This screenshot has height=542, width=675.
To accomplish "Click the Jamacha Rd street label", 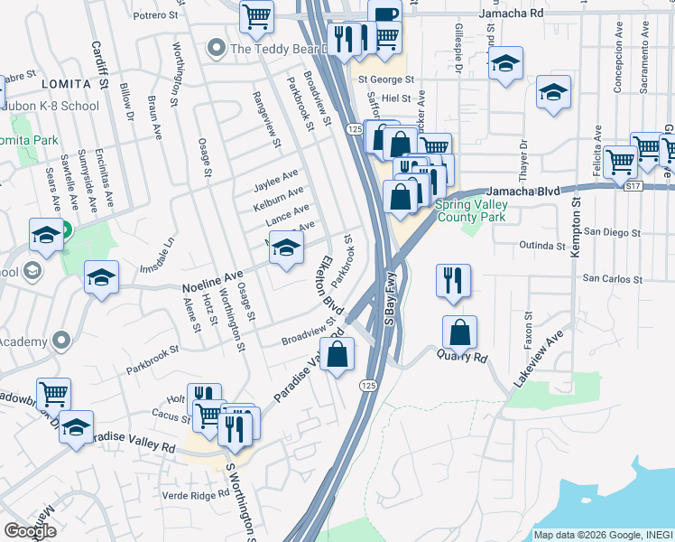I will pyautogui.click(x=511, y=14).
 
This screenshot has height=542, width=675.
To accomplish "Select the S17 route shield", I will pyautogui.click(x=635, y=185).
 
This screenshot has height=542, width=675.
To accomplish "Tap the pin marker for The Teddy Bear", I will pyautogui.click(x=216, y=48).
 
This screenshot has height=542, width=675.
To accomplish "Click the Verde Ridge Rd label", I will pyautogui.click(x=196, y=495).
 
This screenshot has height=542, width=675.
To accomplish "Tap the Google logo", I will pyautogui.click(x=30, y=531).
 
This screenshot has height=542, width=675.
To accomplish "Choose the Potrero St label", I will pyautogui.click(x=155, y=14).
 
